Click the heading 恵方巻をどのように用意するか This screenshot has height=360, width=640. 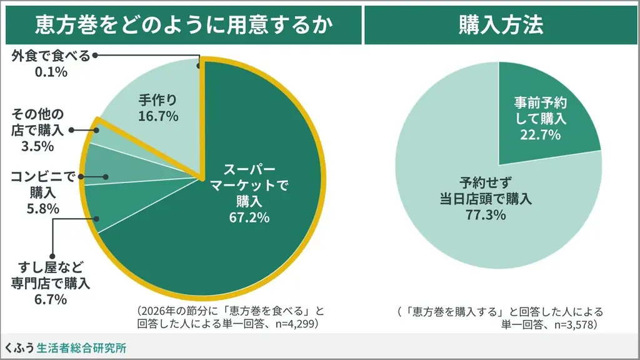pos(181,24)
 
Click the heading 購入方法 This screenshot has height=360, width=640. pos(501,24)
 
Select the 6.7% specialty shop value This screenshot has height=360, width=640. pos(51,300)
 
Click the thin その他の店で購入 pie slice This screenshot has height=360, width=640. pos(94,134)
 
